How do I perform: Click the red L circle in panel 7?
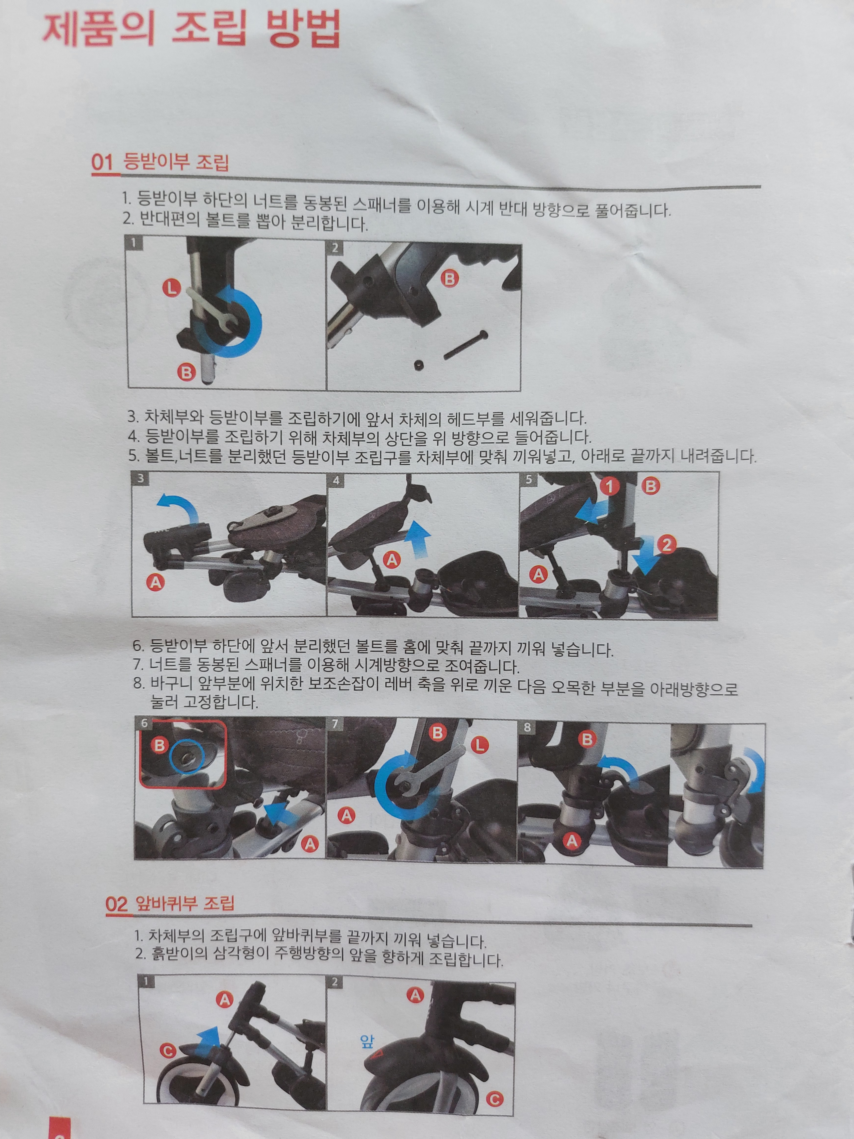pyautogui.click(x=479, y=745)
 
